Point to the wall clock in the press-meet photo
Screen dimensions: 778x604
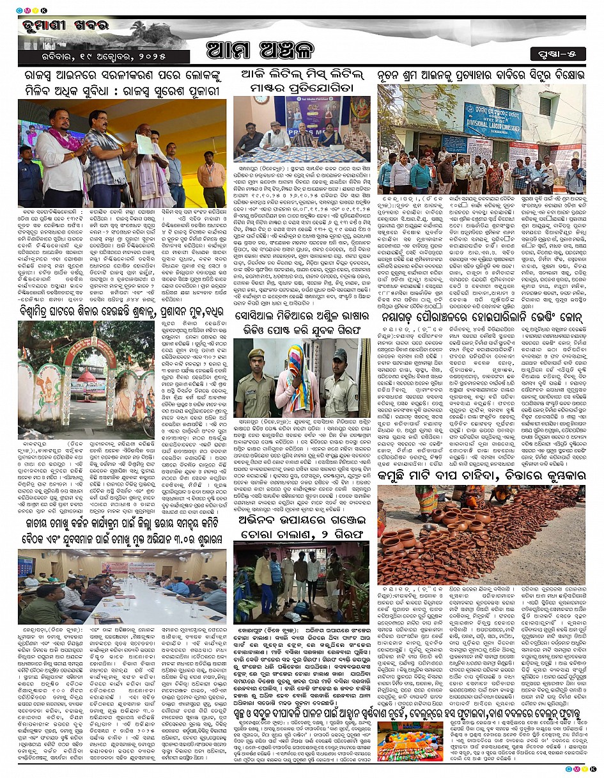coord(260,100)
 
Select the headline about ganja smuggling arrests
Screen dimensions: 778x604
coord(300,516)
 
